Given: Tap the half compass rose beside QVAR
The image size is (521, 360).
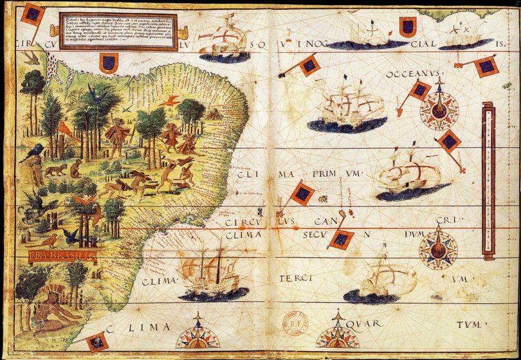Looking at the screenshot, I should (337, 337).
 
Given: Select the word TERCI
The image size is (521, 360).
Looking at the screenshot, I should (295, 279).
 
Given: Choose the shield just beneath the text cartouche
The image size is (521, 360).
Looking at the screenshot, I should (108, 63).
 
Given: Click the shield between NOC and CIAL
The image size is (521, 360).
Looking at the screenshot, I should (407, 26).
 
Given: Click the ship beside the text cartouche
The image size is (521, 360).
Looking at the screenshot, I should (224, 37).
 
